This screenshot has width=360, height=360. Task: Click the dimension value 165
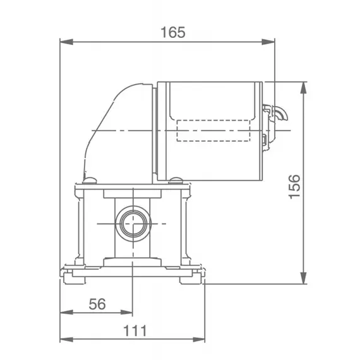168,33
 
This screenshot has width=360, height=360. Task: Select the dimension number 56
96,303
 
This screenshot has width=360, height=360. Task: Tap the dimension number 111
134,330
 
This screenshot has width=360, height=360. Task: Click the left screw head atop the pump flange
90,179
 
